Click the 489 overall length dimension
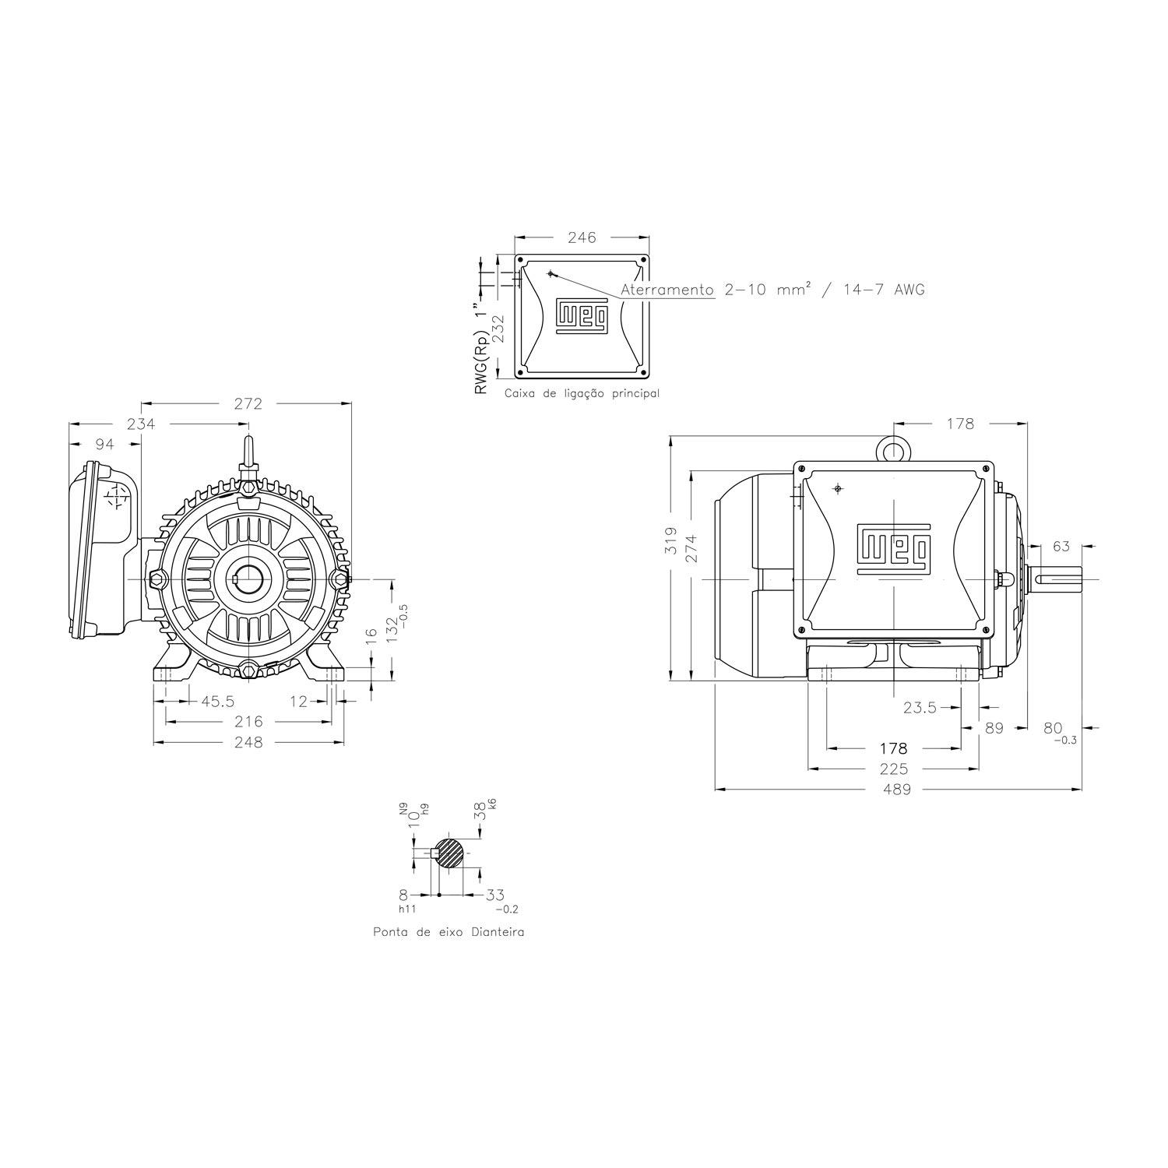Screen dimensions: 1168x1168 pos(896,789)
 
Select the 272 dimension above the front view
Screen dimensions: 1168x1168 pos(248,403)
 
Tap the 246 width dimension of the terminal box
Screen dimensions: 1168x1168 pos(582,237)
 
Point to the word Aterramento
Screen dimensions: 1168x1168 pos(667,290)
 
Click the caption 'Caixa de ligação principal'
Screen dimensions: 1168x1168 pos(582,393)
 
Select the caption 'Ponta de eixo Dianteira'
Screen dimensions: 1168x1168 pos(449,931)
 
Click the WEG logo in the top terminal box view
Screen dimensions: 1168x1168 pos(582,315)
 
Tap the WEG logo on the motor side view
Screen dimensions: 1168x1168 pos(893,547)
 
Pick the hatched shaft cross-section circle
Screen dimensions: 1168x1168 pos(449,853)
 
